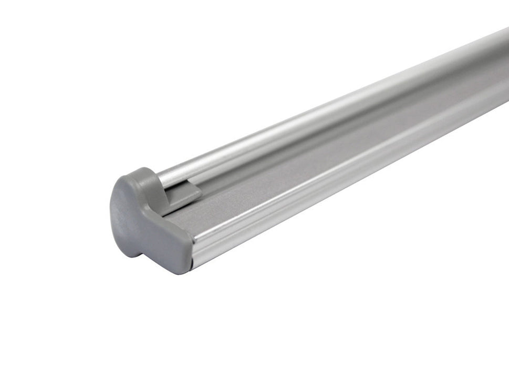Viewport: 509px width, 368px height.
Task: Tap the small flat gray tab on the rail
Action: coord(185,192)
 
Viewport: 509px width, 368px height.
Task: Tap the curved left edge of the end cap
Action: coord(112,210)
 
